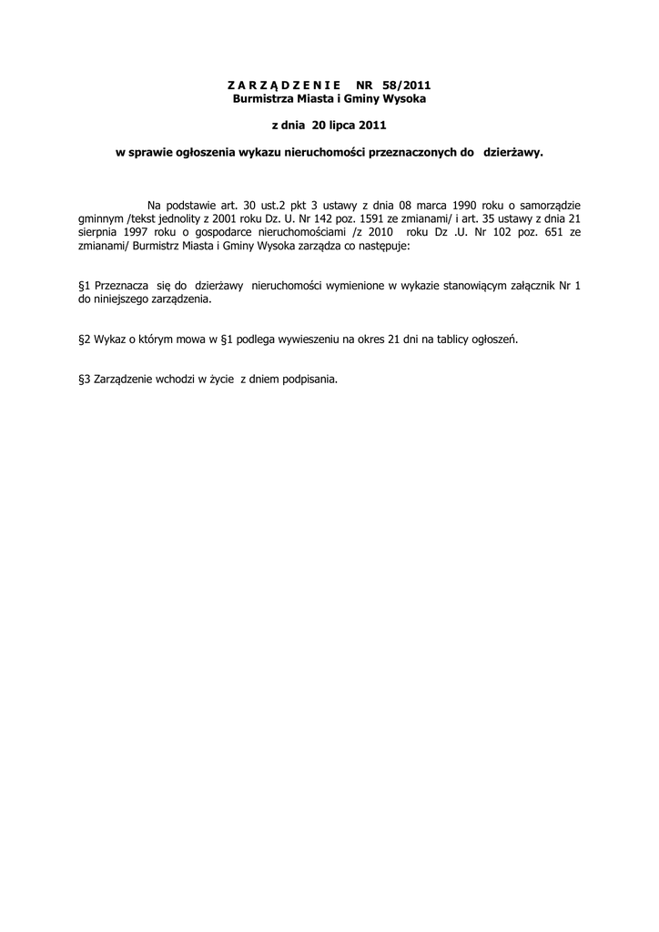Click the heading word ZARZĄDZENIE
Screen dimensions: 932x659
coord(271,85)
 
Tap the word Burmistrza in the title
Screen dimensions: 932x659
coord(264,97)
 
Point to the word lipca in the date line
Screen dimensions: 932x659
coord(356,124)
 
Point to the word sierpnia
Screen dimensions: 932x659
coord(100,232)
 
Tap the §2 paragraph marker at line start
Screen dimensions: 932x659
coord(86,339)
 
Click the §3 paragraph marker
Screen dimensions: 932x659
coord(86,380)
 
